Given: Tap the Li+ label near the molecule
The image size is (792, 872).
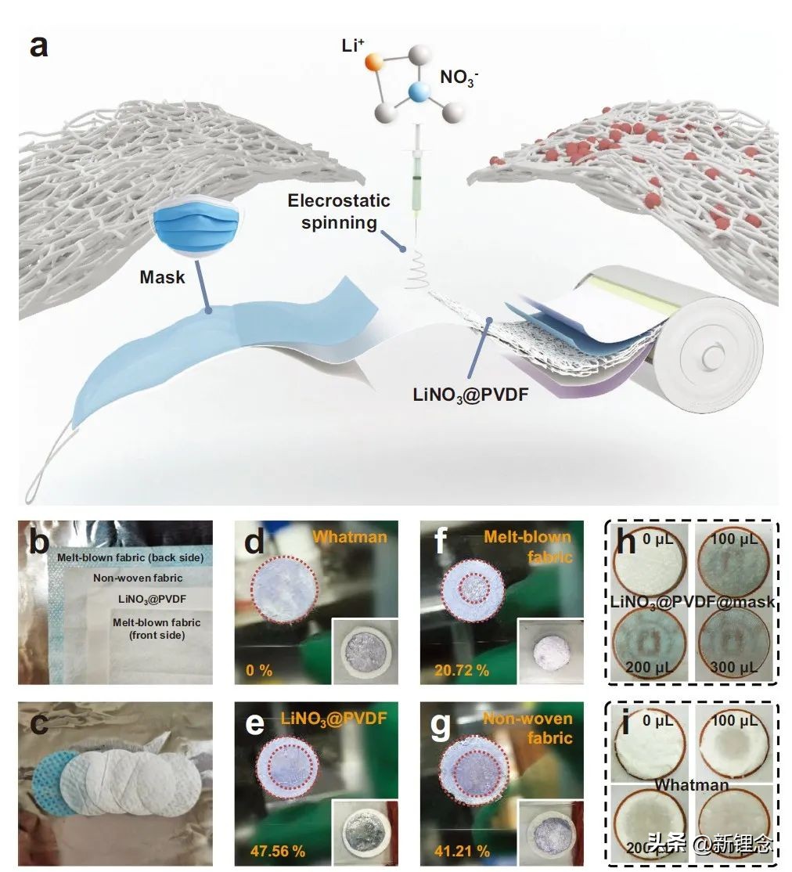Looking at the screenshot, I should click(354, 45).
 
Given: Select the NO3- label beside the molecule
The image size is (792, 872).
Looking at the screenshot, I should click(459, 77).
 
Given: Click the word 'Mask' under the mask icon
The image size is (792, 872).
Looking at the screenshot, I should click(162, 276).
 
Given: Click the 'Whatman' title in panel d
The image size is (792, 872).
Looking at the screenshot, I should click(351, 537).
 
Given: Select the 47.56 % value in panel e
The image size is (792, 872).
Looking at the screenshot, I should click(277, 851).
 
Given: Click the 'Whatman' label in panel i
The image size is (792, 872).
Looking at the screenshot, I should click(692, 784).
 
